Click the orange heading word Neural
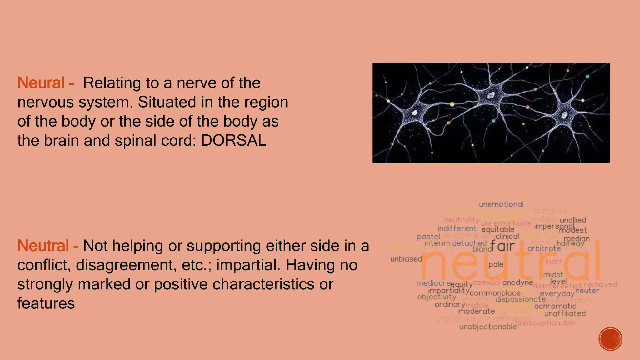[x=41, y=83]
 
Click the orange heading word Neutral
[x=43, y=246]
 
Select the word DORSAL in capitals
[x=233, y=141]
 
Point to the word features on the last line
[x=46, y=303]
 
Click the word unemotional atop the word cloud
[x=501, y=204]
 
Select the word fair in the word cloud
[x=502, y=246]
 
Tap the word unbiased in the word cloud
[x=406, y=259]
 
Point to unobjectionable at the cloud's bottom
[x=488, y=327]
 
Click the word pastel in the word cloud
[x=428, y=237]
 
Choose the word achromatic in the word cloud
[x=555, y=306]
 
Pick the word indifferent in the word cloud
[x=457, y=228]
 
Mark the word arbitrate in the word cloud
[x=544, y=249]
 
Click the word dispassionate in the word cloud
[x=520, y=299]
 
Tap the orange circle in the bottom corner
[x=610, y=339]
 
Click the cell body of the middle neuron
[x=490, y=95]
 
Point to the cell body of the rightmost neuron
[x=564, y=115]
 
